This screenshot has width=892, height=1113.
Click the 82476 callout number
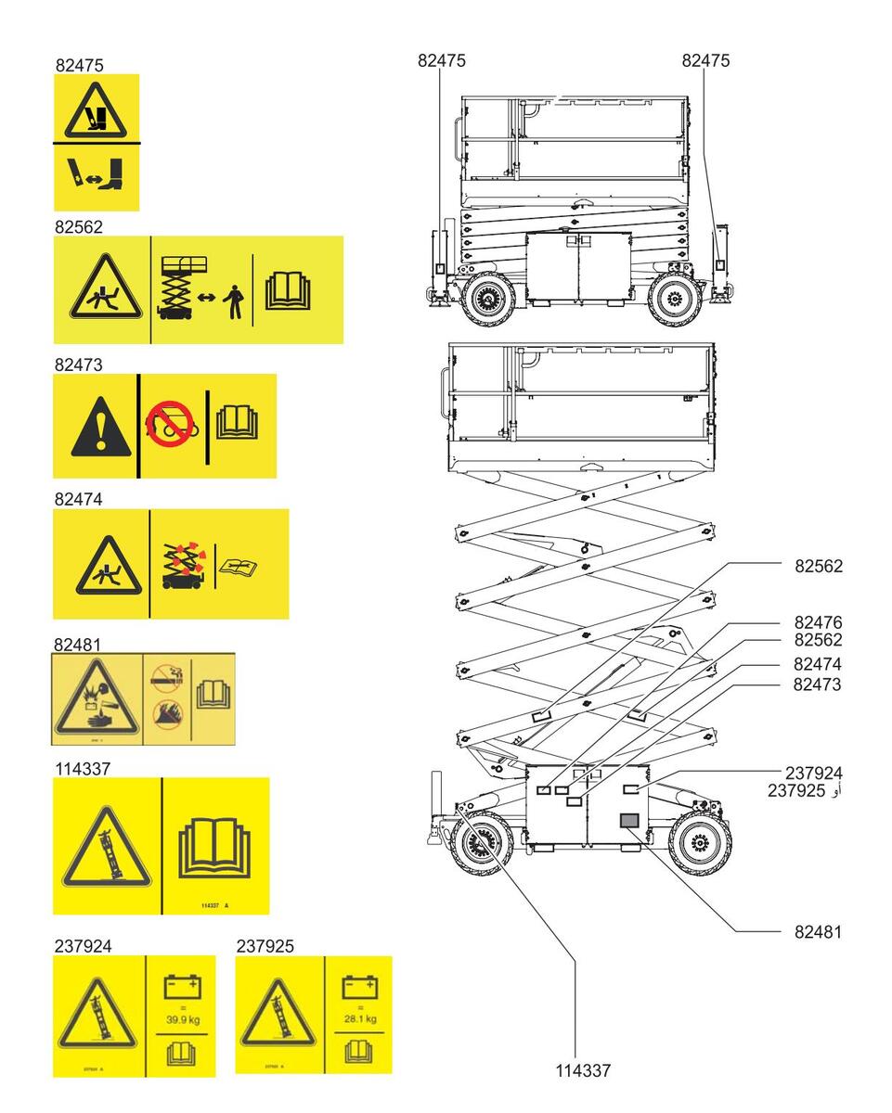pyautogui.click(x=818, y=622)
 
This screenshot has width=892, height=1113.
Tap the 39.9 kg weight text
pyautogui.click(x=182, y=1018)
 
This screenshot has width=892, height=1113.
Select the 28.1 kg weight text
pyautogui.click(x=360, y=1018)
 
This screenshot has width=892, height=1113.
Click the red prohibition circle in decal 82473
pyautogui.click(x=168, y=425)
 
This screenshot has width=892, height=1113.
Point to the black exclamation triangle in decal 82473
pyautogui.click(x=95, y=429)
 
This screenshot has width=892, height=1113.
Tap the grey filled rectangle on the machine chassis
pyautogui.click(x=628, y=820)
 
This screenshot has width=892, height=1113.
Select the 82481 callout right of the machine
pyautogui.click(x=818, y=931)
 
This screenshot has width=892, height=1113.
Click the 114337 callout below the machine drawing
pyautogui.click(x=583, y=1070)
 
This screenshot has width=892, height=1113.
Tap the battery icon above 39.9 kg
pyautogui.click(x=181, y=986)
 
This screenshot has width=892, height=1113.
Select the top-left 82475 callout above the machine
pyautogui.click(x=442, y=60)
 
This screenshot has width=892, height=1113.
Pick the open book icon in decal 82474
pyautogui.click(x=239, y=565)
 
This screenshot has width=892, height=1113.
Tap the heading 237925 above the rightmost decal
pyautogui.click(x=265, y=946)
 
